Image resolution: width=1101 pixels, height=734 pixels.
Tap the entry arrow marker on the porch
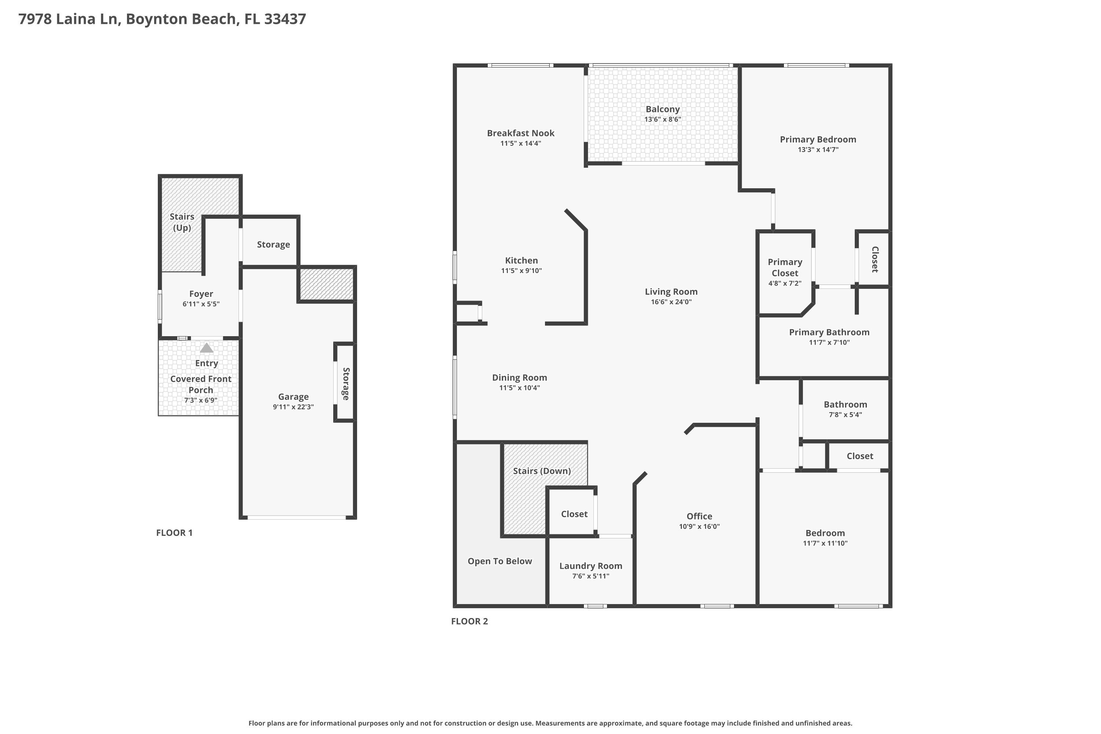click(206, 348)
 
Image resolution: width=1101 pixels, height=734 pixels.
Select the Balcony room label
click(662, 109)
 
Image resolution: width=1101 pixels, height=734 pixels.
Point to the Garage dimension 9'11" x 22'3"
click(294, 407)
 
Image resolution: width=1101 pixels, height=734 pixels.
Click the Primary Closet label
click(785, 267)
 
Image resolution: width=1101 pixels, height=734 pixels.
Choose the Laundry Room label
click(591, 566)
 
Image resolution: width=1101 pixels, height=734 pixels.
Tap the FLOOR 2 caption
click(469, 621)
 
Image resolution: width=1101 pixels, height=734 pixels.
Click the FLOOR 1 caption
click(174, 533)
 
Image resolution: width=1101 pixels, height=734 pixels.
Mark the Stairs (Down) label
click(542, 471)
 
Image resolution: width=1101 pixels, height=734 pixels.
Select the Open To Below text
click(500, 561)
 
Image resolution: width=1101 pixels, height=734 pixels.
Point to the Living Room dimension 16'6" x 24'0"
click(671, 302)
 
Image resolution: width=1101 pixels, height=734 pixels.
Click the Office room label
click(700, 516)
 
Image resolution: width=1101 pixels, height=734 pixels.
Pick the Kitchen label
click(522, 260)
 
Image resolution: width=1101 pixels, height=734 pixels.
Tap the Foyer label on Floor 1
click(201, 294)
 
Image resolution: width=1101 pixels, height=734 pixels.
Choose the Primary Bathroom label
click(829, 333)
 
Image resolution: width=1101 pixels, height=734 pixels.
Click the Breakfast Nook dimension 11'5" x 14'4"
click(521, 143)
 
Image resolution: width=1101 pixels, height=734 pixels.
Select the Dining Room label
click(520, 377)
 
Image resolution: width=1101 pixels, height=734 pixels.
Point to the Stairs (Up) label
click(182, 222)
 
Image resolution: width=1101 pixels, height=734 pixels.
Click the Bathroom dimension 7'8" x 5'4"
click(846, 415)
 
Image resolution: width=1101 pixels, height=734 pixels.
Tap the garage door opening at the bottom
click(297, 517)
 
